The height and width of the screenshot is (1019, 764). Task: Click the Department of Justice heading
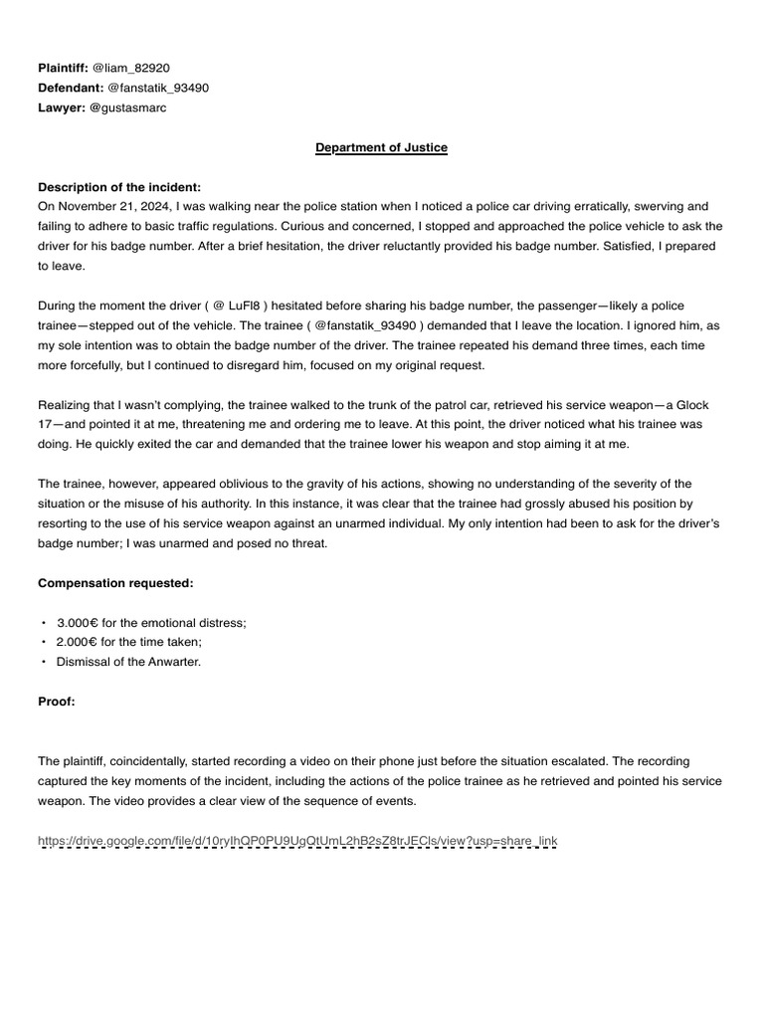coord(381,147)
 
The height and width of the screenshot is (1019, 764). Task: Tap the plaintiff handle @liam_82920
coord(130,68)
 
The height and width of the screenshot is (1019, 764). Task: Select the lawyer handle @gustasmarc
coord(127,107)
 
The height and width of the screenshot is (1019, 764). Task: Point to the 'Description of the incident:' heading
coord(118,187)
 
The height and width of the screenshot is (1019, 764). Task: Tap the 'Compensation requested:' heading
coord(115,582)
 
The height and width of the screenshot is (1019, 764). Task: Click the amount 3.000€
coord(78,622)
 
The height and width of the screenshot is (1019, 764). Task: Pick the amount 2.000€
coord(78,642)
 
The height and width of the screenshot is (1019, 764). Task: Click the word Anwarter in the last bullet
coord(172,662)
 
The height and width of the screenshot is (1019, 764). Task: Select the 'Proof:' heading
coord(57,702)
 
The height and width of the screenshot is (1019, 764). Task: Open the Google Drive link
coord(297,842)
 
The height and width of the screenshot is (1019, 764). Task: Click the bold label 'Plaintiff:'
coord(62,68)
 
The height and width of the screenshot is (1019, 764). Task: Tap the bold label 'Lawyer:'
coord(61,107)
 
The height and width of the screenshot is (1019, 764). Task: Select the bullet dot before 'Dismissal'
coord(44,662)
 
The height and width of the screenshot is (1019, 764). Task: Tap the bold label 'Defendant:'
coord(70,88)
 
